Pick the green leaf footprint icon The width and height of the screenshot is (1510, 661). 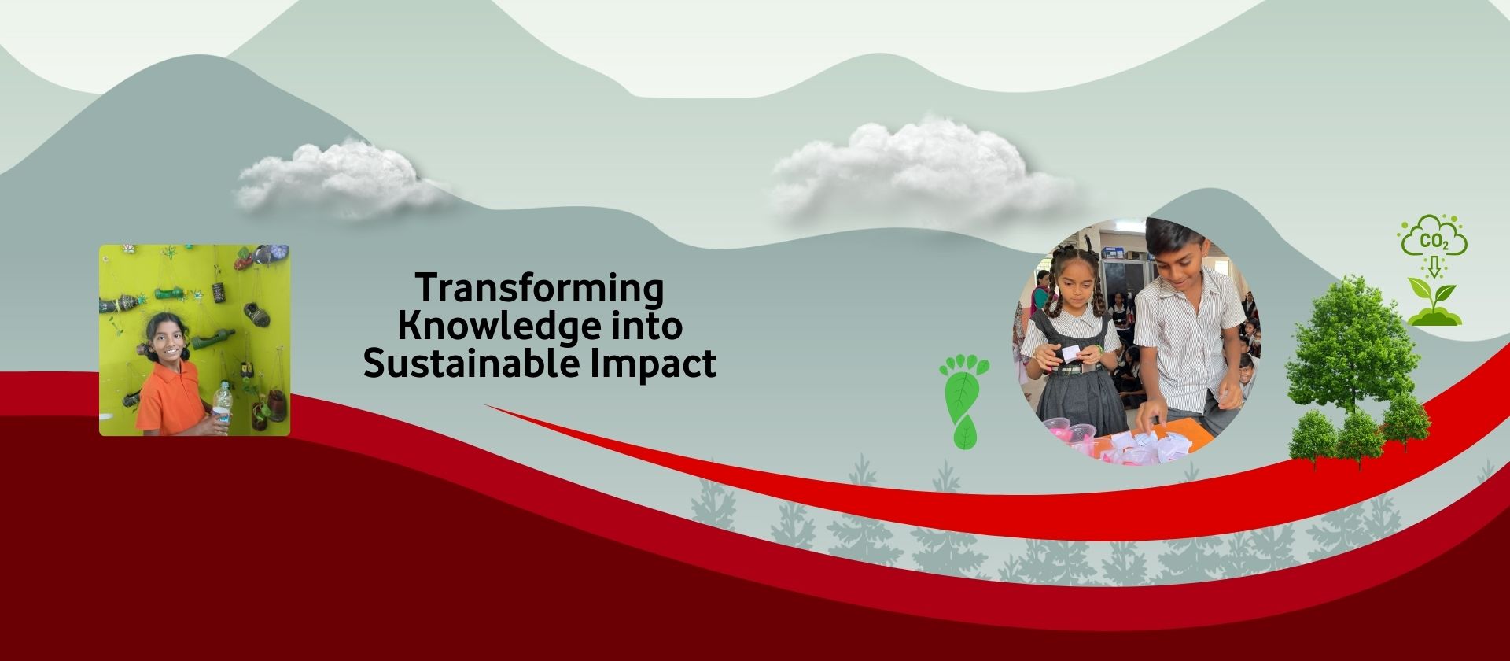[x=963, y=402]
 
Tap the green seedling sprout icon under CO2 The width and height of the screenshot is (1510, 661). [x=1434, y=304]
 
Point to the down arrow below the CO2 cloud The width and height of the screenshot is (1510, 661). [x=1434, y=268]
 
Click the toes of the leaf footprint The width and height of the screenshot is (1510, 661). [x=965, y=366]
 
